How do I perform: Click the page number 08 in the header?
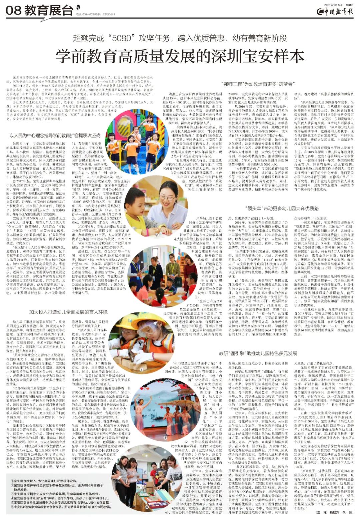(x=13, y=11)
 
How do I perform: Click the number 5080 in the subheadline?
(x=122, y=38)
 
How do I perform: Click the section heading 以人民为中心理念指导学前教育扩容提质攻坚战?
(x=55, y=136)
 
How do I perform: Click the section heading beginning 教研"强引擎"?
(x=258, y=353)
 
